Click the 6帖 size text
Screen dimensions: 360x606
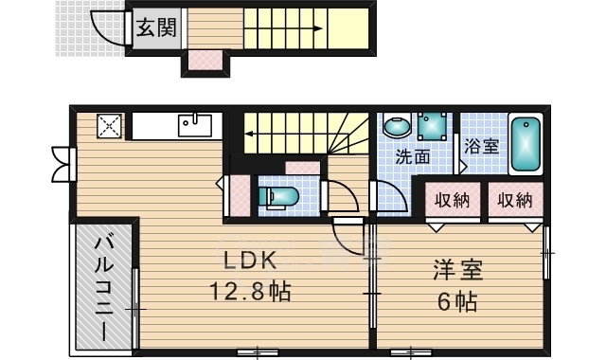458,302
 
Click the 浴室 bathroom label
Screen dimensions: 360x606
482,147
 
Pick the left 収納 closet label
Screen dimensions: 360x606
453,200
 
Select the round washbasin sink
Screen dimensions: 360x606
397,126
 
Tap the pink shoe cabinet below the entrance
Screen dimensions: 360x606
204,62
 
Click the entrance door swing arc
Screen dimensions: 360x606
110,28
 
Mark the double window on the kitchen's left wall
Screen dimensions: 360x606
62,163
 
